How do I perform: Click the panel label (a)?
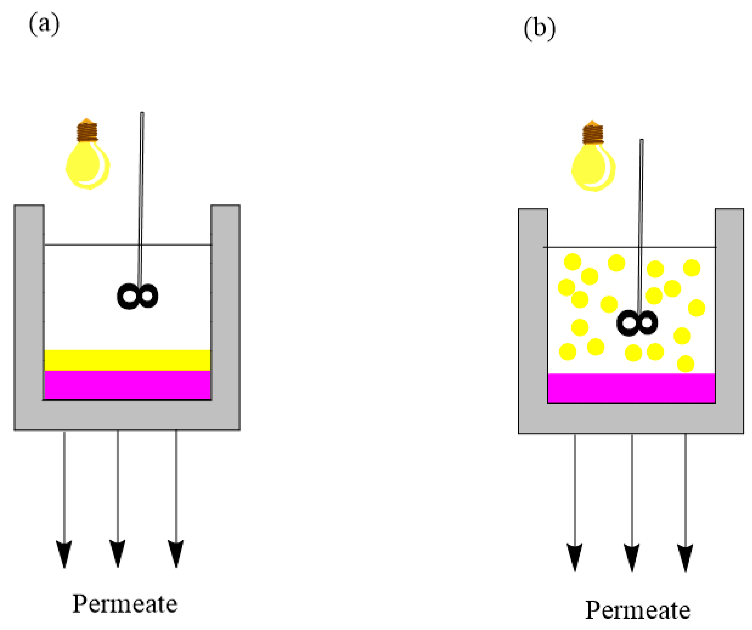(x=44, y=24)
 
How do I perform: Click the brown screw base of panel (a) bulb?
(x=87, y=132)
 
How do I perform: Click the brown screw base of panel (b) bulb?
(x=593, y=133)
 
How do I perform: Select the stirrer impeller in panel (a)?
(x=138, y=296)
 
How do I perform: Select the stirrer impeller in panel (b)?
(x=637, y=323)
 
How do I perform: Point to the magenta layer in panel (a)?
(x=127, y=385)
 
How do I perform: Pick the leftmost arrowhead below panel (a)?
(x=64, y=553)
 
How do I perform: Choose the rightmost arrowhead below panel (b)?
(x=685, y=557)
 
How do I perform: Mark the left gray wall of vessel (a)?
(x=29, y=304)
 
